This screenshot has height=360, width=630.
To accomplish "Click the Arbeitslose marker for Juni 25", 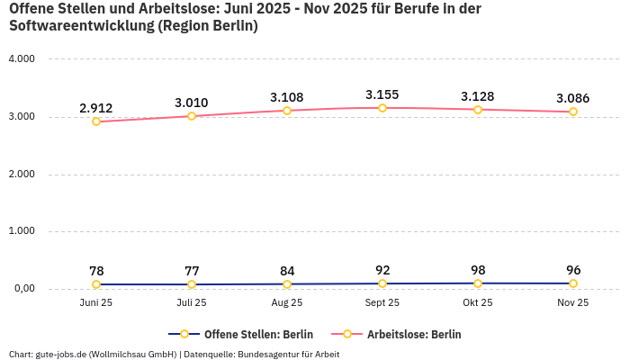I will coord(96,121).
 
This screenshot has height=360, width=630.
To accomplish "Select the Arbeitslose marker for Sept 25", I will coord(382,108).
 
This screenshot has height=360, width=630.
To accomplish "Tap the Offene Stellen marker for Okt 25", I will coord(478,283).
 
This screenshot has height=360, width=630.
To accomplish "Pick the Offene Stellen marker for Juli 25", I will coord(192,284).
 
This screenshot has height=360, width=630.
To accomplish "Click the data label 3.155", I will coord(382,94).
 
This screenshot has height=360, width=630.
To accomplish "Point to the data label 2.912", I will coord(96,108).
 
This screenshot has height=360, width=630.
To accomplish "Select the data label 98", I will coord(478,270).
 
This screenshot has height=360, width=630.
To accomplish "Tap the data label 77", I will coord(192,271).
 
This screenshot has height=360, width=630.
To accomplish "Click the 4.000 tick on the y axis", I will coord(21,59).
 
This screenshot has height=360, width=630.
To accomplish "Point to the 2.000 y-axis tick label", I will coord(21,174).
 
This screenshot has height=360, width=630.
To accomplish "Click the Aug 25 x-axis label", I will coord(287,303).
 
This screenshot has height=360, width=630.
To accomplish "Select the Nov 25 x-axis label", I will coord(573,303).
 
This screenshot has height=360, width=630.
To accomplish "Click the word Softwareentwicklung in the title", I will coord(81,26).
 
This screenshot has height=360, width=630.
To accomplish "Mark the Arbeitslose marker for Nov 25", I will coord(573,112).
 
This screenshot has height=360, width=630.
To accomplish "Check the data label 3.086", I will coord(573,98).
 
